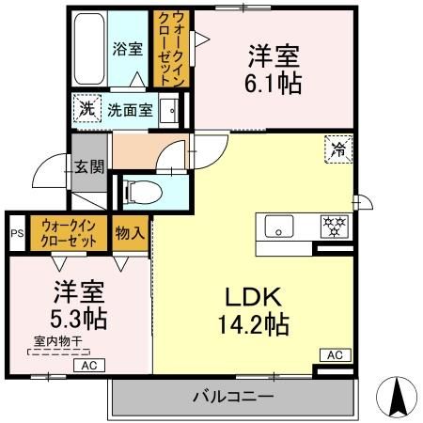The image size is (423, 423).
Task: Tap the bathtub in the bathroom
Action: [x=89, y=47]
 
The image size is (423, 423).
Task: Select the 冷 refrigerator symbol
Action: [x=337, y=146]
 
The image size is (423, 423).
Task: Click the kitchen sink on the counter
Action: [x=278, y=227]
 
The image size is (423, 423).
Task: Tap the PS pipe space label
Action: [x=16, y=234]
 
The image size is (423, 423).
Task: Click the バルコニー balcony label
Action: [x=235, y=397]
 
